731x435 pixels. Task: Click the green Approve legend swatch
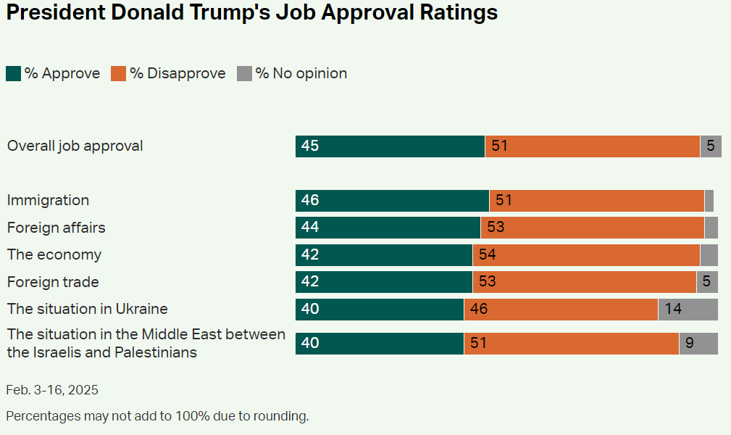tap(13, 74)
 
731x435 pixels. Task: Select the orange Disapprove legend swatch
tap(119, 74)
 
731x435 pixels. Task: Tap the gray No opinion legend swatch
tap(245, 74)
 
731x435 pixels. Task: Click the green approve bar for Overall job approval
tap(390, 146)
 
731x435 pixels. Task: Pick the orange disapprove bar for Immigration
tap(596, 201)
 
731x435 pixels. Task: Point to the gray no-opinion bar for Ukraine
tap(688, 310)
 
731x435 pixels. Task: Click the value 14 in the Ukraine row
tap(673, 310)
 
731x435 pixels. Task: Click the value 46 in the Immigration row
tap(310, 201)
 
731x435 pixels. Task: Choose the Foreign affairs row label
tap(56, 228)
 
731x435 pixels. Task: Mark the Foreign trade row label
tap(53, 282)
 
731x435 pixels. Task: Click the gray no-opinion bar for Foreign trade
tap(707, 282)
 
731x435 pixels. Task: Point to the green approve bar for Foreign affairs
tap(388, 228)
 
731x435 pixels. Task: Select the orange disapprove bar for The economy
tap(586, 255)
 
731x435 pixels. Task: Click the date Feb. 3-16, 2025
tap(52, 390)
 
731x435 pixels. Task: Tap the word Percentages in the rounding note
tap(39, 416)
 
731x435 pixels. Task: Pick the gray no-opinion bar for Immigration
tap(709, 201)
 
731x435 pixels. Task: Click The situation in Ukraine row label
tap(87, 309)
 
